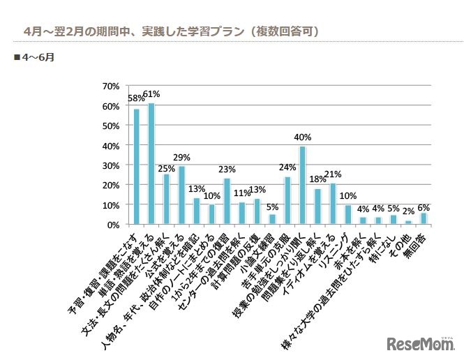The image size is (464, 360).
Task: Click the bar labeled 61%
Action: pos(151,165)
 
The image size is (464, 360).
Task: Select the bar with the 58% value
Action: pos(136,167)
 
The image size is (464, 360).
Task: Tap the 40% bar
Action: pos(303,186)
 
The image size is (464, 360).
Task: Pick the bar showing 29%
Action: pos(181,196)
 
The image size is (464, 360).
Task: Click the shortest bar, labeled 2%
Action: pos(409,223)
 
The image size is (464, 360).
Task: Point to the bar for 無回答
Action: pos(424,219)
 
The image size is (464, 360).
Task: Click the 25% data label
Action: pos(166,168)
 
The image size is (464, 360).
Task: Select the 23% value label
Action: pos(227,169)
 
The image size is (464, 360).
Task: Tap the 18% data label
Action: pos(317,179)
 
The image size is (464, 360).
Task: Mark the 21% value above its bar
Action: pos(333,174)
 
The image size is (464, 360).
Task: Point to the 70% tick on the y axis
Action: pos(111,87)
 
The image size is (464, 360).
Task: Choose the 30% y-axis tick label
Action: pos(111,166)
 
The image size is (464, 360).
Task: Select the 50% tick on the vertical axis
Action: pos(111,126)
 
